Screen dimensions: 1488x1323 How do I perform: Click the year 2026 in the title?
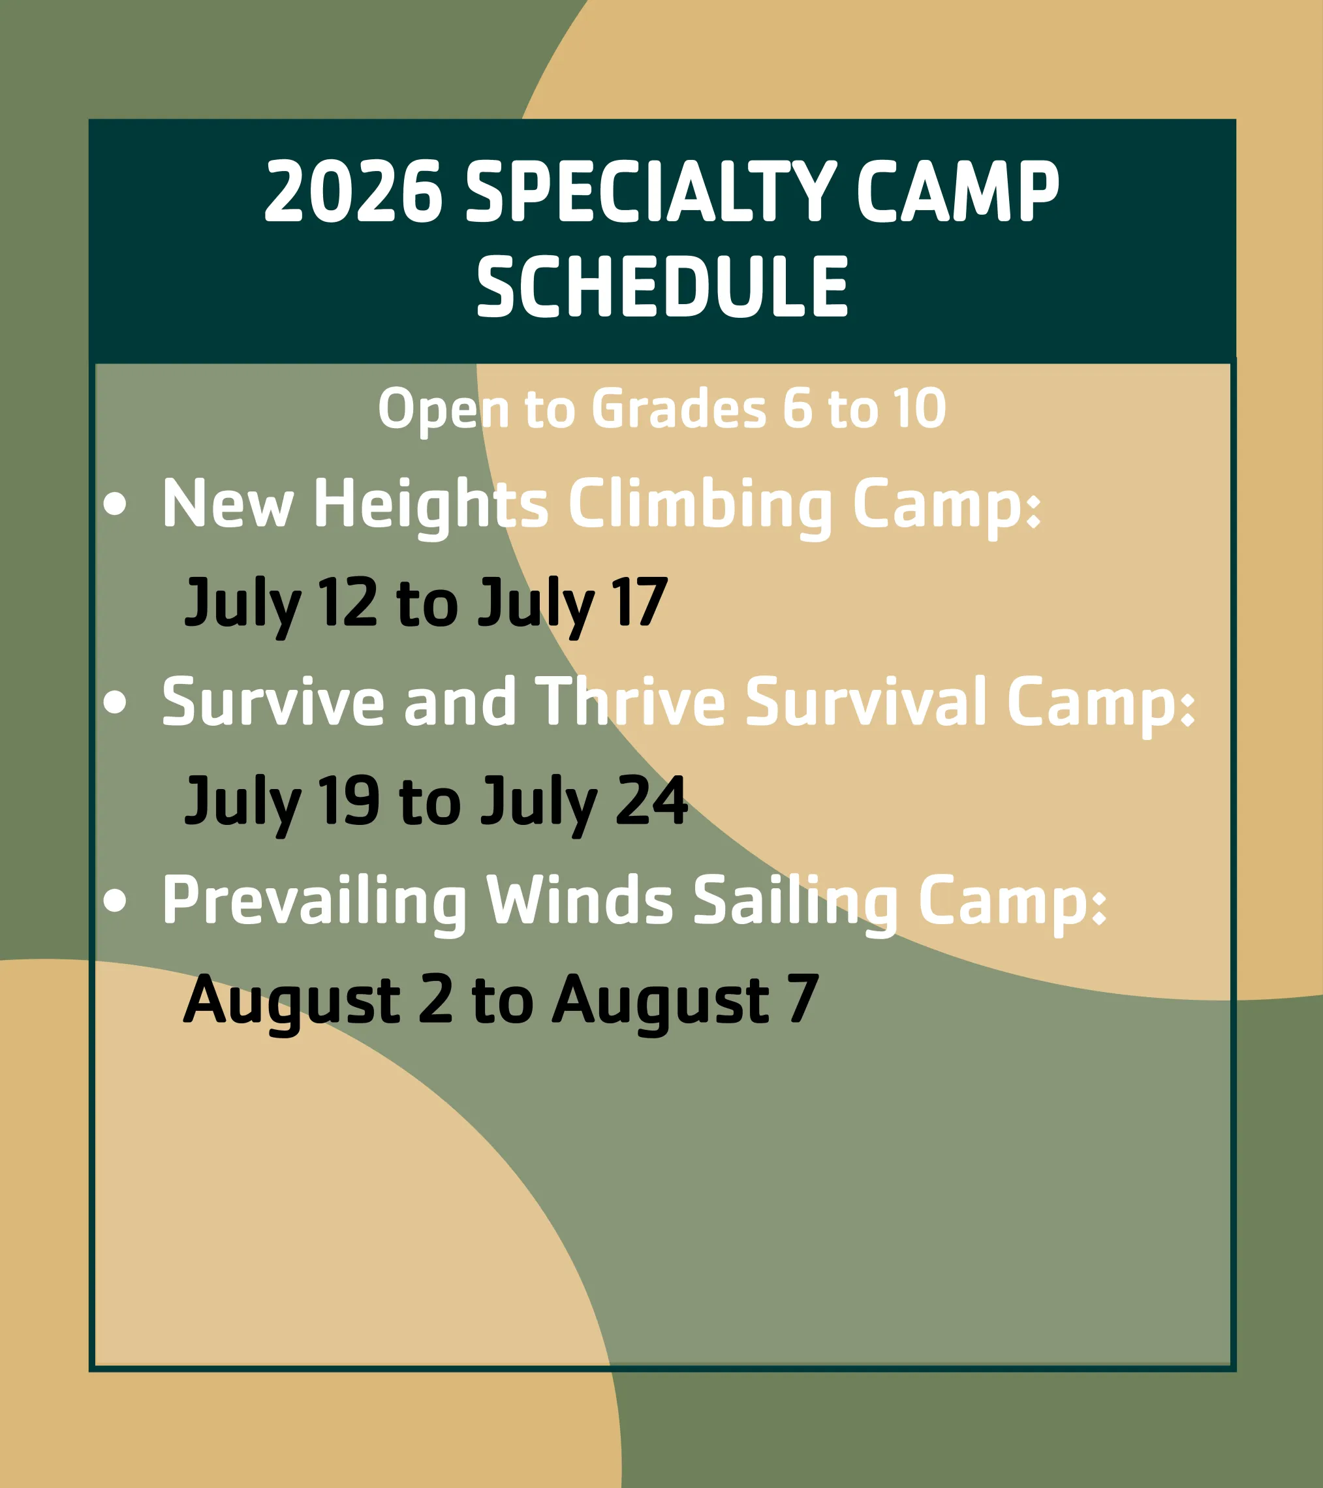[x=353, y=191]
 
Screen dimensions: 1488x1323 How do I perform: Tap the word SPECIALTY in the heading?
[x=650, y=191]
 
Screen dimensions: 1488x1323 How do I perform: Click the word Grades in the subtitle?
[x=679, y=409]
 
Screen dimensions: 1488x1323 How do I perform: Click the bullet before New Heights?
[x=115, y=504]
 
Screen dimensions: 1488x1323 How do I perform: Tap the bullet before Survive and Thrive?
[x=115, y=702]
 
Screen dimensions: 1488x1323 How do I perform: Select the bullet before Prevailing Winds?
[x=115, y=901]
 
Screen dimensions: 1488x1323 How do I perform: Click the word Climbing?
[x=700, y=504]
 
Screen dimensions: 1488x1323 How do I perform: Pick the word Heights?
[x=430, y=504]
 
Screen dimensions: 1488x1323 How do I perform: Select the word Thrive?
[x=630, y=702]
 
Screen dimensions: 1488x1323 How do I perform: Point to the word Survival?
[x=865, y=702]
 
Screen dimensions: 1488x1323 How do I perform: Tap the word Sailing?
[x=795, y=901]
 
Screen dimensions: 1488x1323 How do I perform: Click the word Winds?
[x=580, y=901]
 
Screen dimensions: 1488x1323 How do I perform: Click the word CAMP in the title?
[x=957, y=191]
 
